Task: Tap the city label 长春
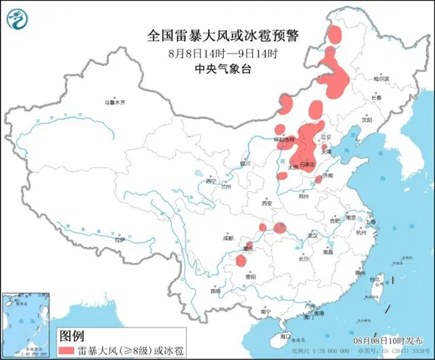(x=376, y=97)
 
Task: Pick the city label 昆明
(x=215, y=291)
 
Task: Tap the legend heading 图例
(x=70, y=335)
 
